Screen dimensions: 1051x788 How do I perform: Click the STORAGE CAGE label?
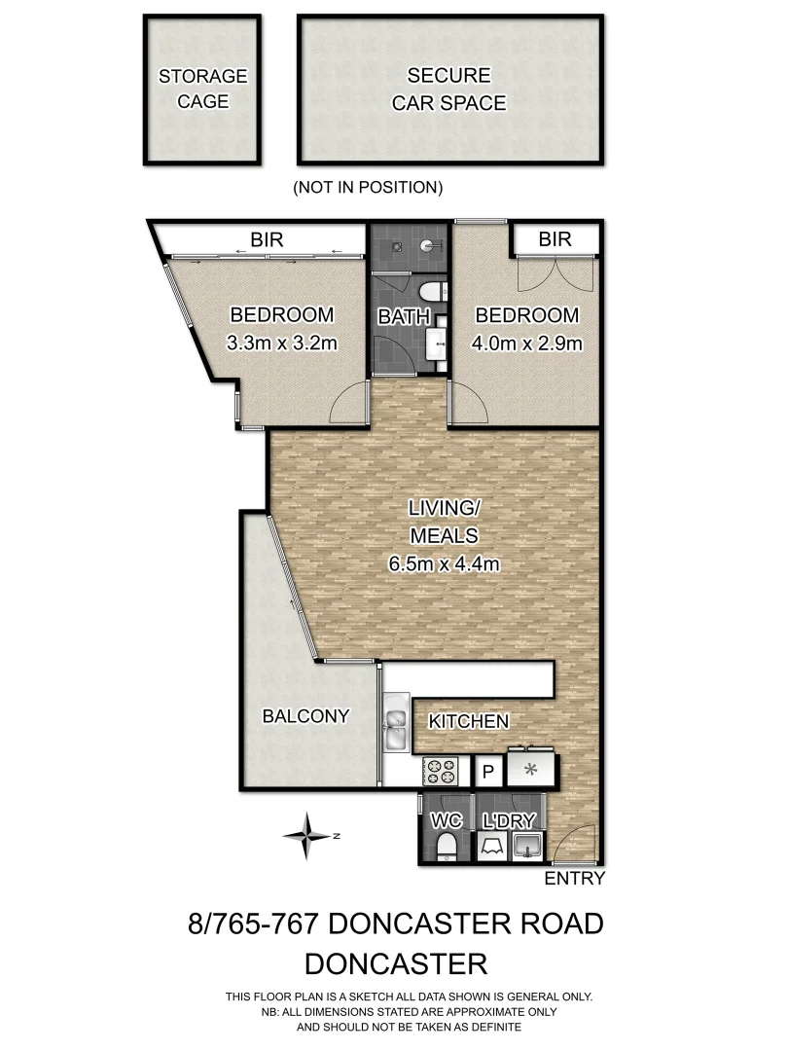(203, 88)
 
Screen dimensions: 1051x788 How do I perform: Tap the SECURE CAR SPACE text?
(448, 88)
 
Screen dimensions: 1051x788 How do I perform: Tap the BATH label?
(398, 316)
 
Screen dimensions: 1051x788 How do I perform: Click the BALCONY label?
(305, 716)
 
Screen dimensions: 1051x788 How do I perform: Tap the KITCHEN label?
(469, 721)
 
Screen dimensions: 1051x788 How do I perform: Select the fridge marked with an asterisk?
(531, 771)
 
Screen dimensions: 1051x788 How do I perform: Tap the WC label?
(446, 821)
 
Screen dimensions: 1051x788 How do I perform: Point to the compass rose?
(308, 835)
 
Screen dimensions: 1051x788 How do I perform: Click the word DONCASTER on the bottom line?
(395, 963)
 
